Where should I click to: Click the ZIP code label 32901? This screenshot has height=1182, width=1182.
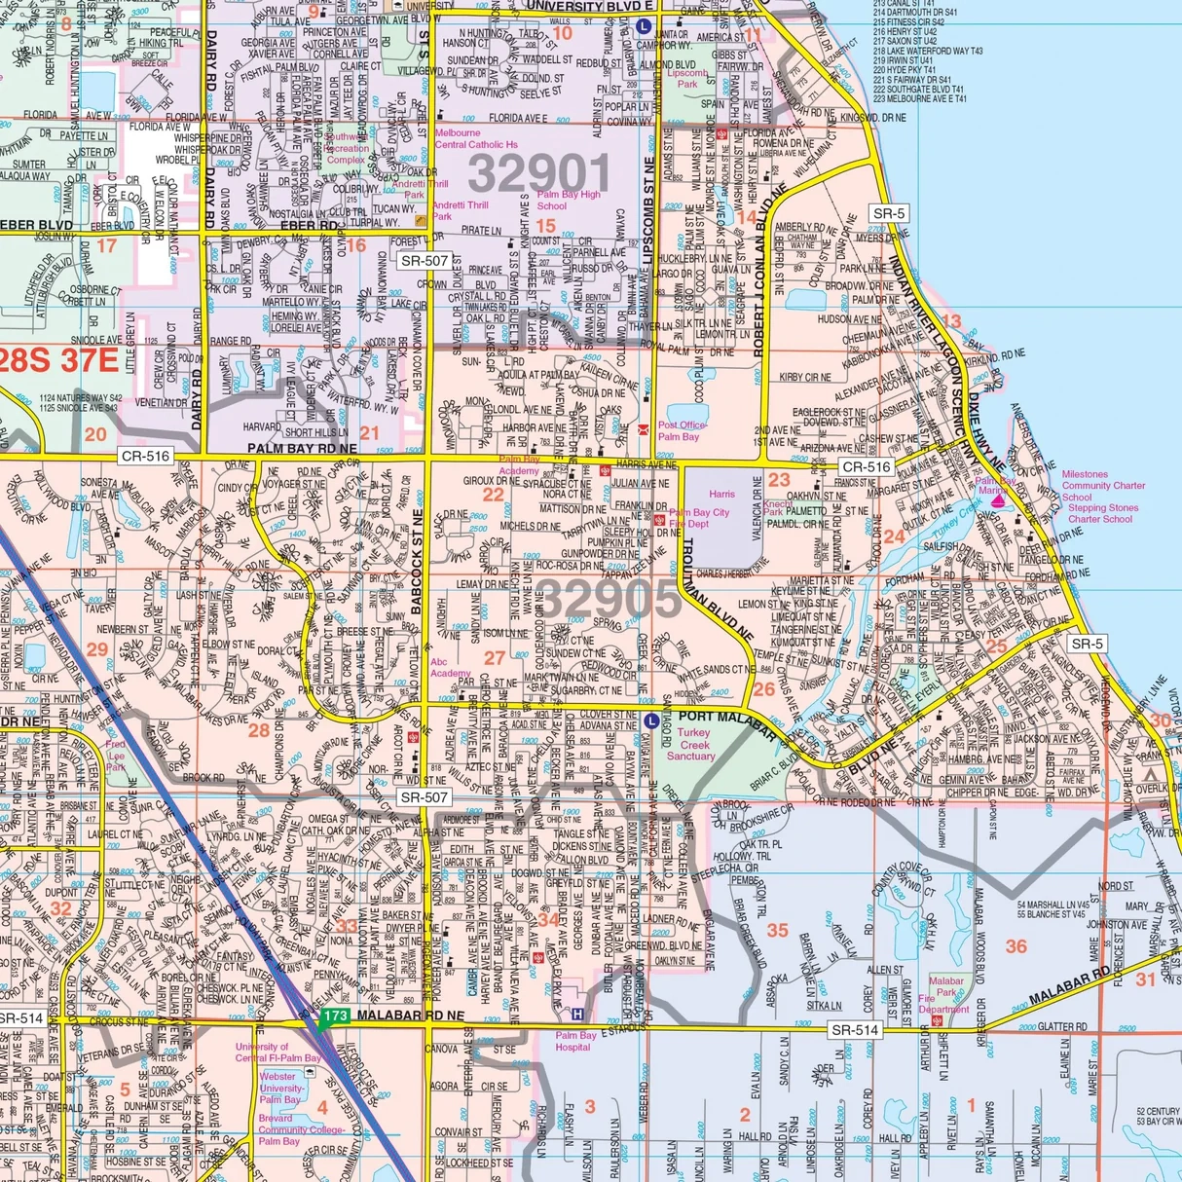[538, 174]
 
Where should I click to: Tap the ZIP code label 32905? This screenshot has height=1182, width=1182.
[609, 599]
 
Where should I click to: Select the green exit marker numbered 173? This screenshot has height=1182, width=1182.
[334, 1016]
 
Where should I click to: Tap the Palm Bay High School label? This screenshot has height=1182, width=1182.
[569, 200]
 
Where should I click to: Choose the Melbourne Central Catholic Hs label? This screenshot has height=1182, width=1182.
[475, 138]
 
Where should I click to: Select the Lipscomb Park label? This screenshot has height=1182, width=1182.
[687, 79]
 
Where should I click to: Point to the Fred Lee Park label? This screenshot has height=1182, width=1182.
[115, 756]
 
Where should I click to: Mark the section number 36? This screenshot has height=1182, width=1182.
[1016, 945]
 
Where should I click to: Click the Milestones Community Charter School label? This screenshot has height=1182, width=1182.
[1102, 485]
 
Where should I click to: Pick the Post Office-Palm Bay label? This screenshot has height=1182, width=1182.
[682, 430]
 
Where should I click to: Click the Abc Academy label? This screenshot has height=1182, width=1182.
[451, 667]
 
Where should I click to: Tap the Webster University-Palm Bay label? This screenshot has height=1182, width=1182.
[280, 1088]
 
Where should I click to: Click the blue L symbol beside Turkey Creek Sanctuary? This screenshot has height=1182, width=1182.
[651, 720]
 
